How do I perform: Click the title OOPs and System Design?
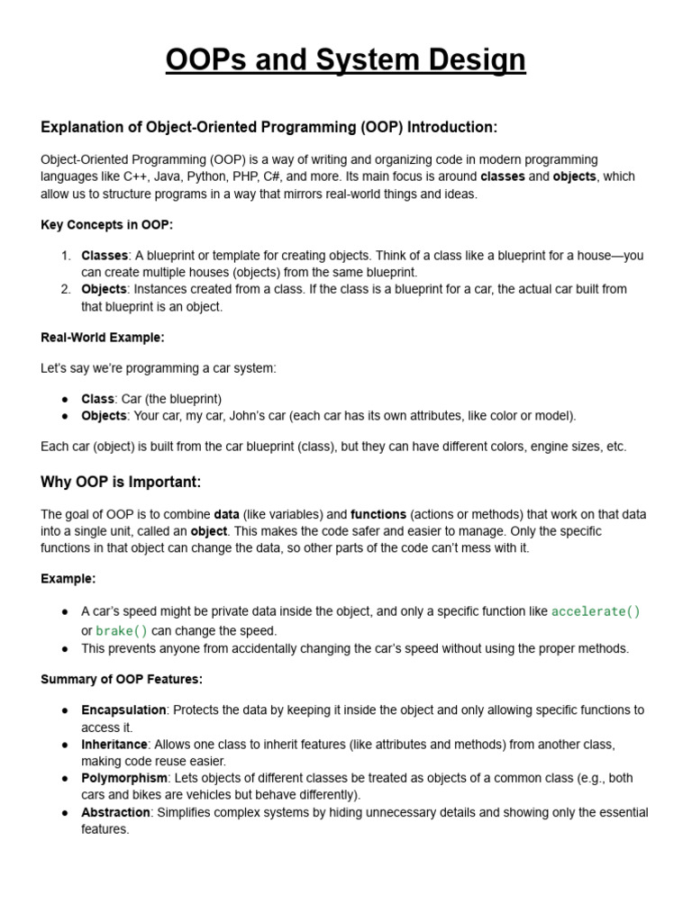coord(346,60)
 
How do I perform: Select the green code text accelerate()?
coord(596,612)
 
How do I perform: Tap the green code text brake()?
coord(122,631)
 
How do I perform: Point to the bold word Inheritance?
coord(114,745)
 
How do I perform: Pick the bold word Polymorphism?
coord(124,778)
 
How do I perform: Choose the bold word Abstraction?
coord(115,812)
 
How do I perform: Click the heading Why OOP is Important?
coord(121,483)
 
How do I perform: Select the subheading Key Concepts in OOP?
coord(106,224)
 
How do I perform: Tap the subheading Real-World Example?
coord(103,338)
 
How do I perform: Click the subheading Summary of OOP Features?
coord(122,679)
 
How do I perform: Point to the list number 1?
coord(66,256)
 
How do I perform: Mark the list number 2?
coord(66,289)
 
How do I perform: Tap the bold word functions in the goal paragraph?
coord(378,515)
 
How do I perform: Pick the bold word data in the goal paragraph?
coord(226,515)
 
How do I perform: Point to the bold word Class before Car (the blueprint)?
coord(97,399)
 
